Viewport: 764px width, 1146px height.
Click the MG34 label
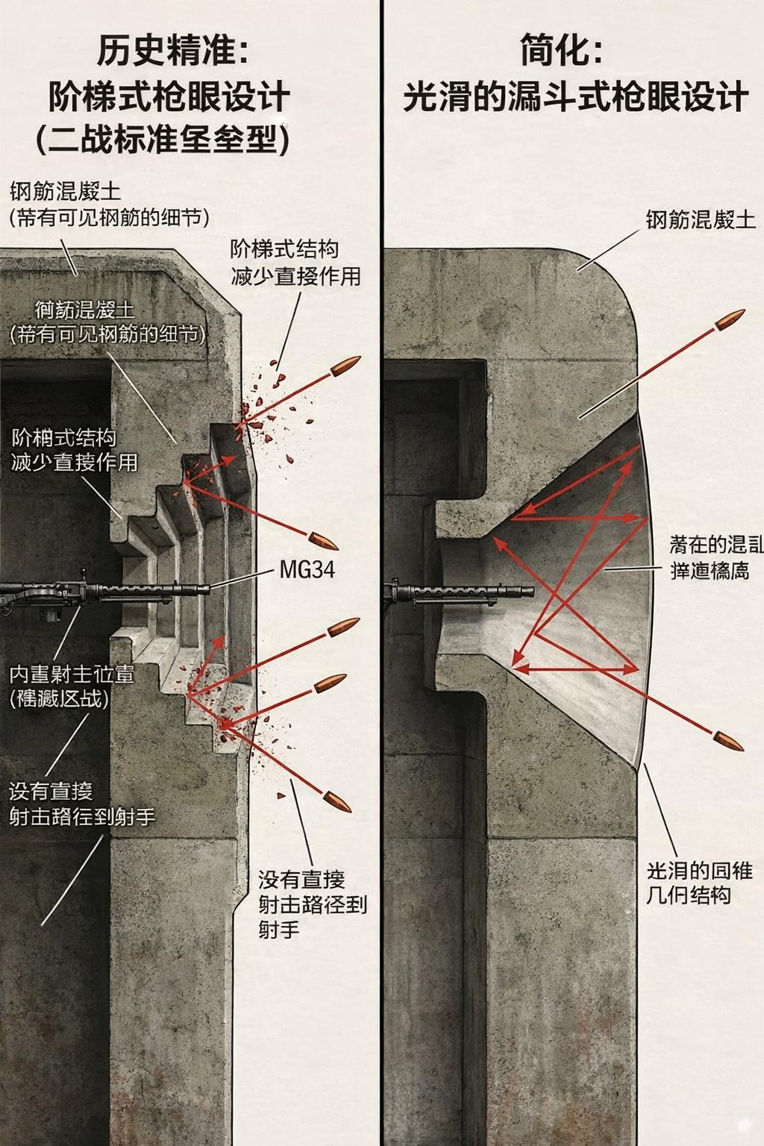click(x=307, y=571)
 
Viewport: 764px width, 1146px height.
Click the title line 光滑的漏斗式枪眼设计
click(x=575, y=97)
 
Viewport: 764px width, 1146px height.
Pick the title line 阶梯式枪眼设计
click(x=169, y=97)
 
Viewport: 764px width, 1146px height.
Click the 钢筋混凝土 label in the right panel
click(x=700, y=220)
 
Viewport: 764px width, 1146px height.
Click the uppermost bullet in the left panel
click(x=345, y=366)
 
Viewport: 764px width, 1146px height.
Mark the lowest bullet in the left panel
click(x=337, y=801)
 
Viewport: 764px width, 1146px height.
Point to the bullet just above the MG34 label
click(x=322, y=539)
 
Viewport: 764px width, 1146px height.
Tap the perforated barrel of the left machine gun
click(x=149, y=590)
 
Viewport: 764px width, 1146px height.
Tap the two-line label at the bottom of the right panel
click(x=699, y=883)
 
